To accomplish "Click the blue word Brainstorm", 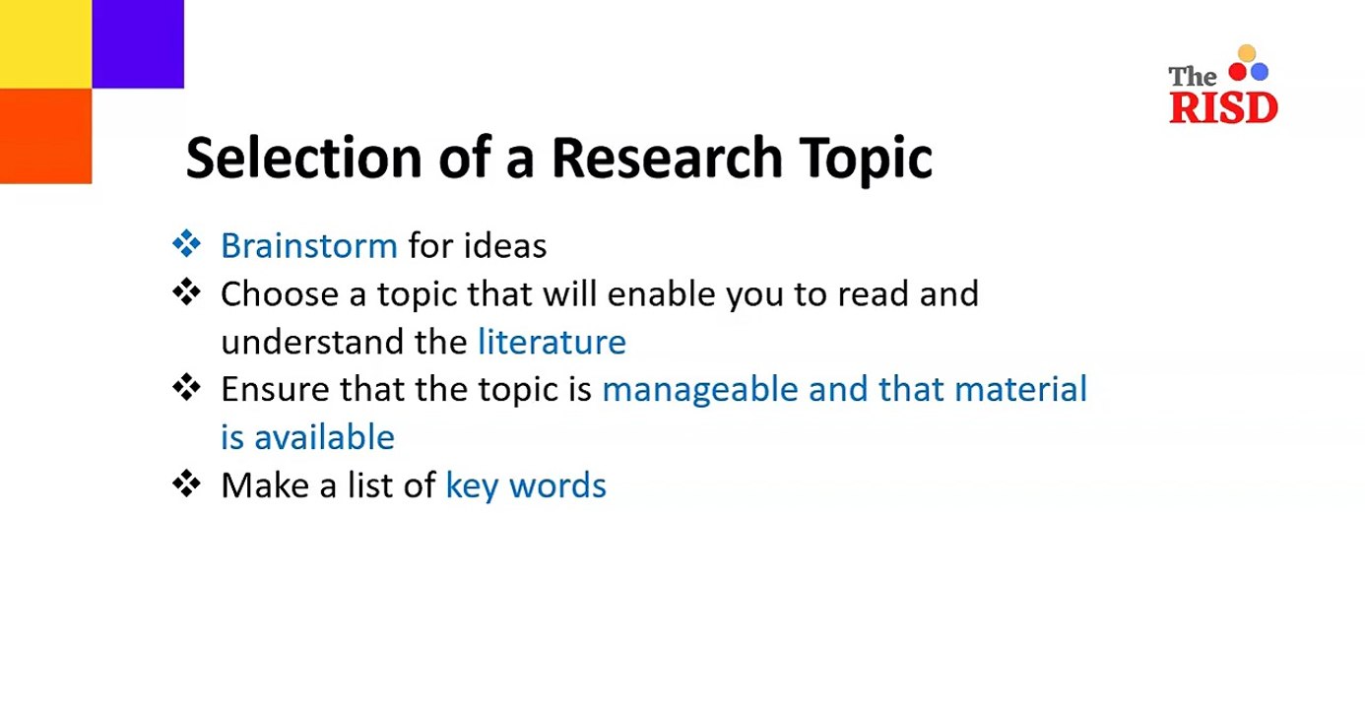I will (308, 245).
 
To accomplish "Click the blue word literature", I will (552, 342).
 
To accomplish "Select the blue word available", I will (324, 437).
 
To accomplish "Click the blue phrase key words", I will (526, 485).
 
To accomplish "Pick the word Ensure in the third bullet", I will (276, 390).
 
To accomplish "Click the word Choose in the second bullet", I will (276, 293).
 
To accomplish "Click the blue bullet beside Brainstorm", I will (186, 244).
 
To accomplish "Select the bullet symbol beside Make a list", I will (186, 484).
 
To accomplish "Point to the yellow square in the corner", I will (45, 43).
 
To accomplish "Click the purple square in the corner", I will (138, 43).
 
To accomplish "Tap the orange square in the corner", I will (45, 136).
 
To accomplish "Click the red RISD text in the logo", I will (1223, 107).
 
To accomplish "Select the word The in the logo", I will (1193, 77).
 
